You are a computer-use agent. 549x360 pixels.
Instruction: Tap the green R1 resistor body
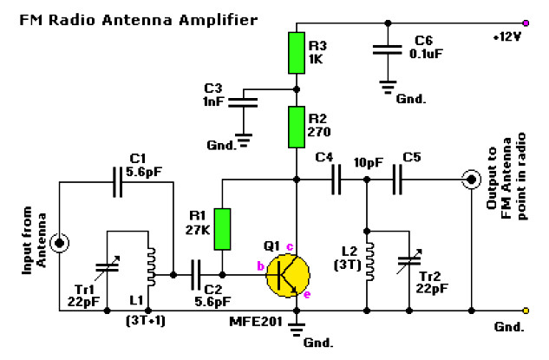tap(223, 227)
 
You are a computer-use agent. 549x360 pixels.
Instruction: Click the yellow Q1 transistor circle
tap(287, 274)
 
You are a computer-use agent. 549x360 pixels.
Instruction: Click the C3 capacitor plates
tap(245, 101)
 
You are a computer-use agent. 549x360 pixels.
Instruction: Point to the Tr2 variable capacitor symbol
tap(408, 264)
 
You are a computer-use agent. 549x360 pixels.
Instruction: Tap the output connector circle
tap(472, 180)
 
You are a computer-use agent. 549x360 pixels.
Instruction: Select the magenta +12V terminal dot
tap(526, 23)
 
